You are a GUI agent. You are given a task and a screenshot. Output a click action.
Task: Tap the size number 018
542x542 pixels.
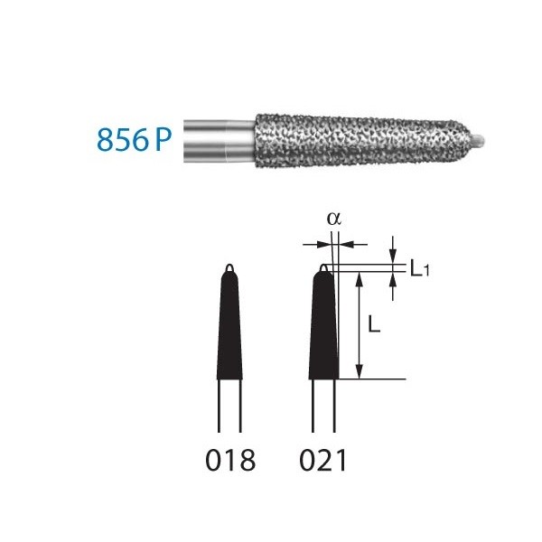[230, 462]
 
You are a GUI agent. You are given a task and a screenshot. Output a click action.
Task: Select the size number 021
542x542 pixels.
[322, 462]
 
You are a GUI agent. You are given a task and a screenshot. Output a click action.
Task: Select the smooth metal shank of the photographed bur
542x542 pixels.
[217, 141]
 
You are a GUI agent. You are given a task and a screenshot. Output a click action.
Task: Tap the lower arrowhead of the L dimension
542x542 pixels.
[360, 371]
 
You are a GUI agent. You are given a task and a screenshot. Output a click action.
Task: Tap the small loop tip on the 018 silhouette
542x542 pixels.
[230, 267]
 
